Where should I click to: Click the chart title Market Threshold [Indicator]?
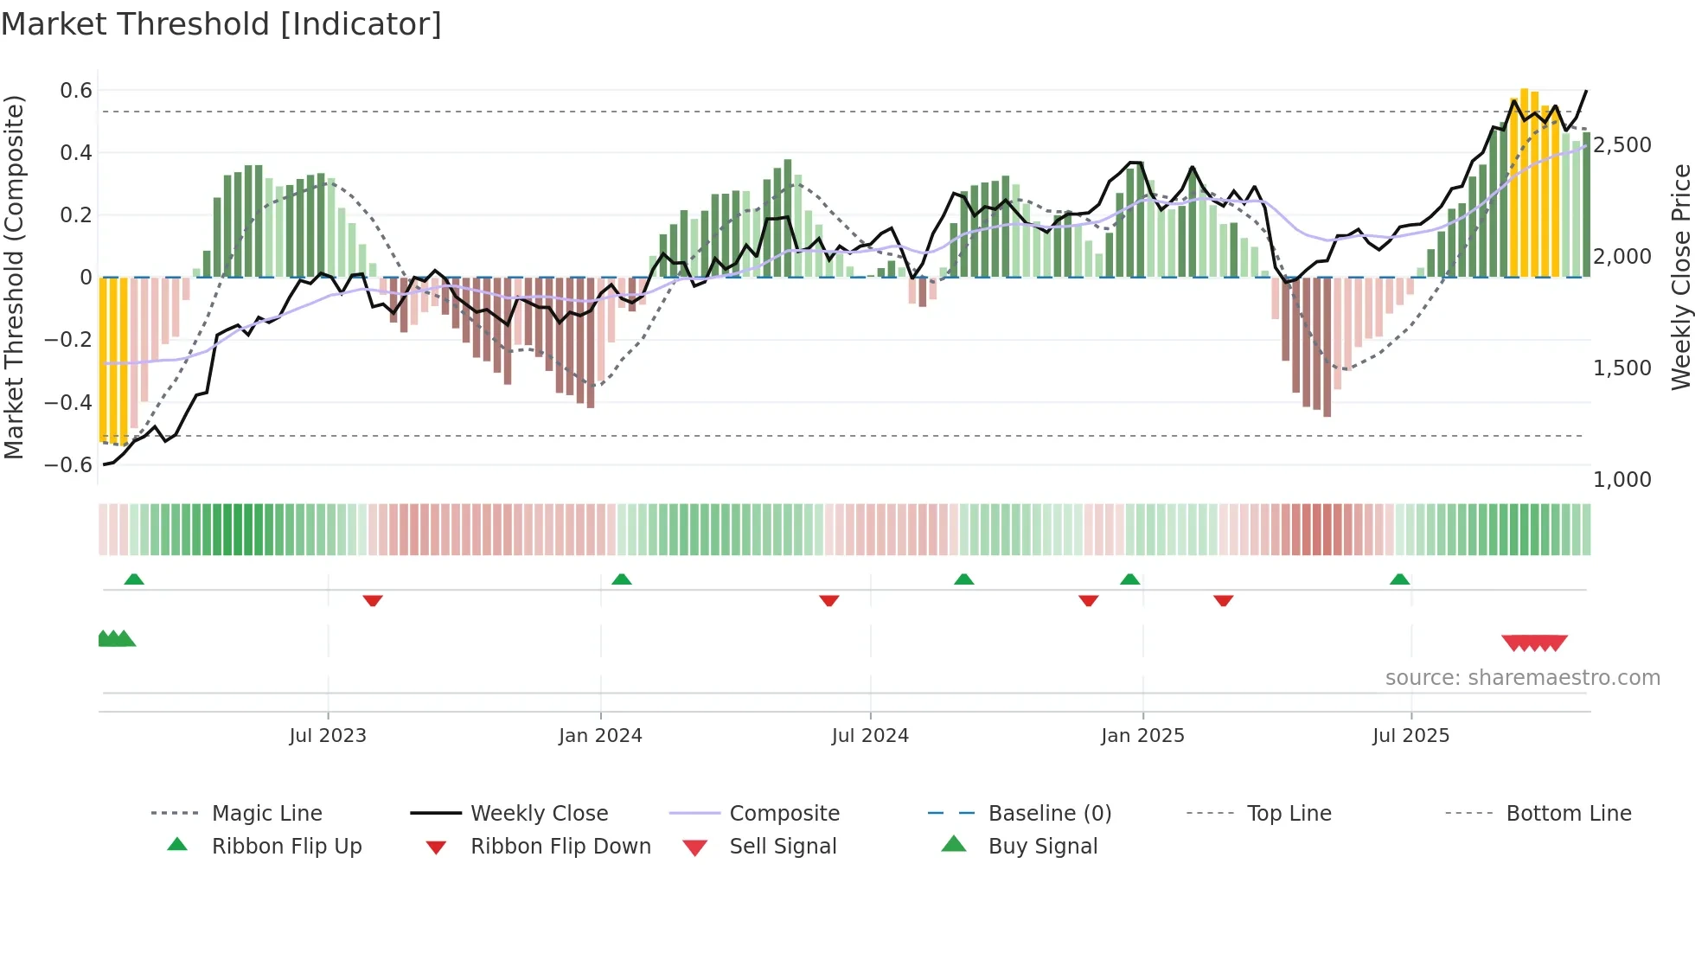(221, 24)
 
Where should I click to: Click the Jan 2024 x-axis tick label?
(600, 736)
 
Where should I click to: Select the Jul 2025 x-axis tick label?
(1410, 736)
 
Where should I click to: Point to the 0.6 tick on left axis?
(76, 91)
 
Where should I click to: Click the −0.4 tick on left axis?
(68, 403)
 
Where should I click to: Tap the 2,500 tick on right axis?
(1622, 145)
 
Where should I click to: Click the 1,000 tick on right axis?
(1622, 480)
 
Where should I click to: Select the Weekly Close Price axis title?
(1680, 277)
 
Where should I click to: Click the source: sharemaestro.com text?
(1522, 678)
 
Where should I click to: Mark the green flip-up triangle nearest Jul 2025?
(1399, 579)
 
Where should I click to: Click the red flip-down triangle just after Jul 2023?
(373, 600)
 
